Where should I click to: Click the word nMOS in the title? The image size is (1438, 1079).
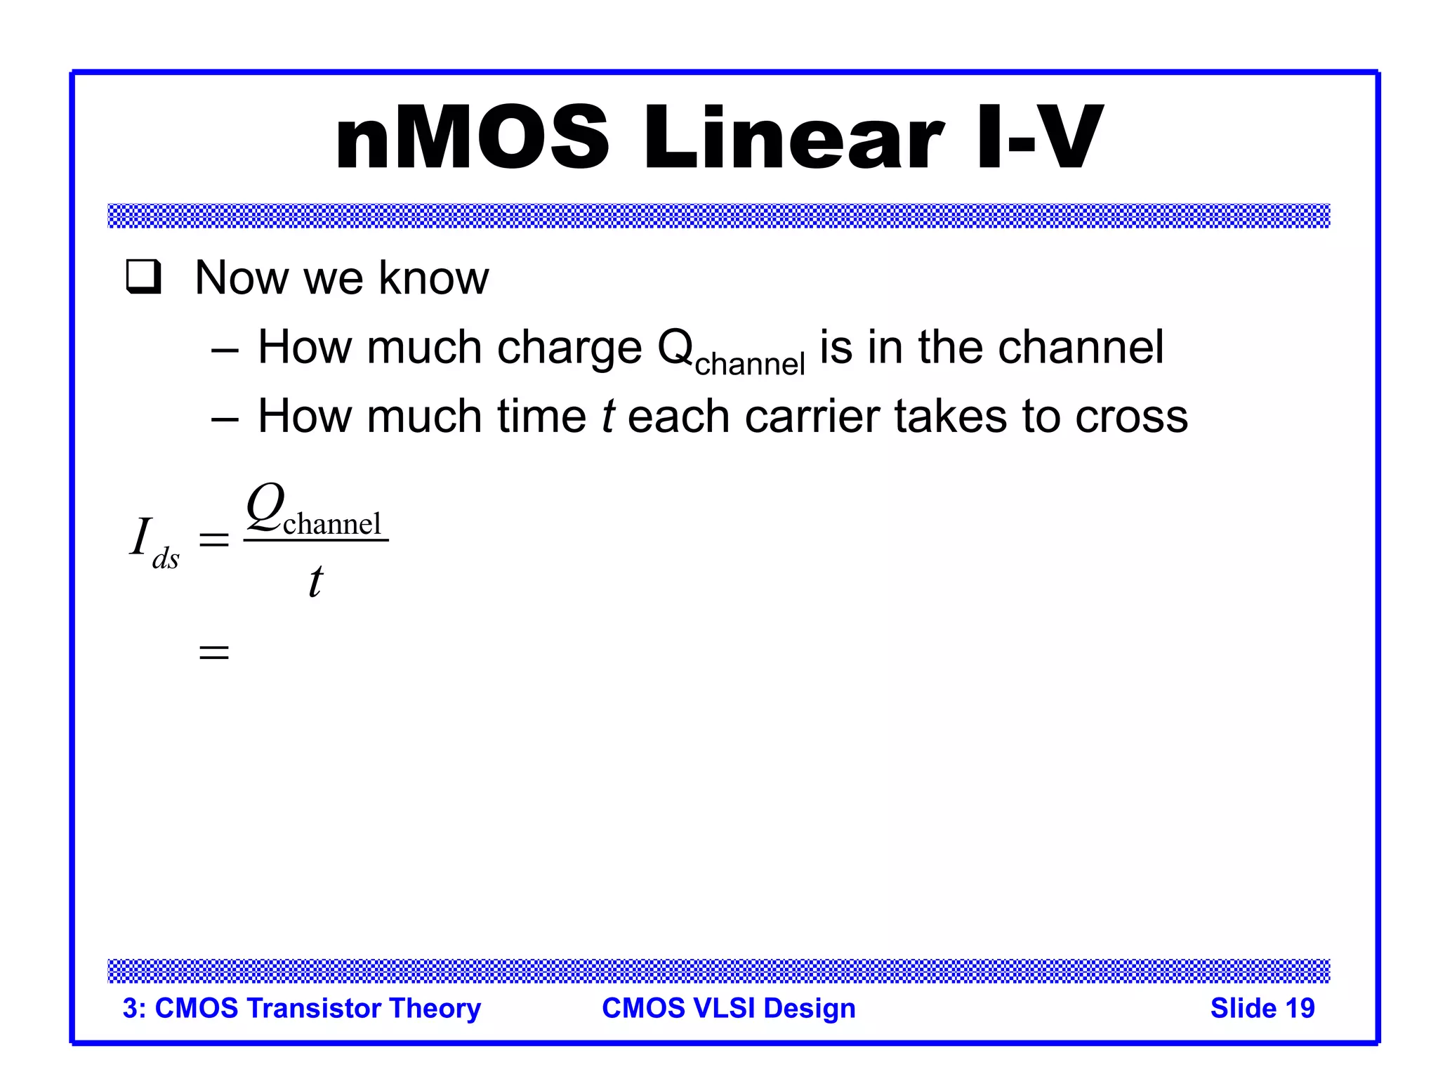pos(472,138)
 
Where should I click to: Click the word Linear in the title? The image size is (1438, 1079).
pos(793,138)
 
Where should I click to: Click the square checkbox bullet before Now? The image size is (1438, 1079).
pos(144,277)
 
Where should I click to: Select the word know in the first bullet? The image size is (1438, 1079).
pos(433,278)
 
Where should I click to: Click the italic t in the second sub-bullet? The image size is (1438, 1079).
pos(608,417)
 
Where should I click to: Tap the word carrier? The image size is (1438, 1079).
pos(812,417)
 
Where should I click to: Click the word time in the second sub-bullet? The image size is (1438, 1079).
pos(541,417)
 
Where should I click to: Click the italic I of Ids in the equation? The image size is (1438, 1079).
pos(141,537)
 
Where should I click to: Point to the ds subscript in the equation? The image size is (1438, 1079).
pos(166,559)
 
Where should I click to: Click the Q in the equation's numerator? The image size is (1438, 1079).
pos(265,506)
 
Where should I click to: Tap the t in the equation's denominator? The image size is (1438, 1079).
pos(316,582)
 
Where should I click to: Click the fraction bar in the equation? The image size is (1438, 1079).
pos(316,540)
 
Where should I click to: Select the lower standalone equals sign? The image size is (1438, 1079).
pos(214,653)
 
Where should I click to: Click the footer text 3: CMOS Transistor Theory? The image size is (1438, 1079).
pos(301,1008)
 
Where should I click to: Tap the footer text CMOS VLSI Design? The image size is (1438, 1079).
pos(728,1008)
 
